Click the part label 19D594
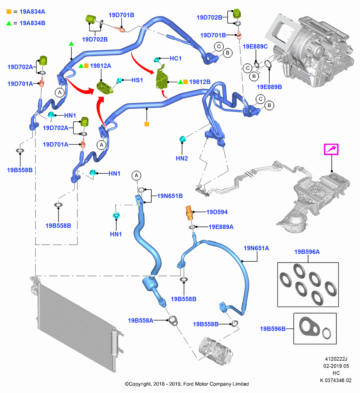tap(217, 212)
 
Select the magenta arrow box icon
tap(331, 149)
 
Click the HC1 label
tap(176, 59)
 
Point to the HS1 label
tap(137, 80)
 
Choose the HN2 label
tap(182, 158)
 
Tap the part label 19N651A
tap(256, 248)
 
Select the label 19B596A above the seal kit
tap(307, 252)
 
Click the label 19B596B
tap(273, 329)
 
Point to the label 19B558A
tap(140, 321)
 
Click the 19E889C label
tap(255, 47)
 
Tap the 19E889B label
tap(269, 87)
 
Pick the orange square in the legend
tap(9, 12)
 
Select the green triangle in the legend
tap(9, 23)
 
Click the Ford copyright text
tap(187, 384)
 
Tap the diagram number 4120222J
tap(336, 359)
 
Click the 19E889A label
tap(221, 227)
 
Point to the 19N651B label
tap(170, 196)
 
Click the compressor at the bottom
tap(216, 351)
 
